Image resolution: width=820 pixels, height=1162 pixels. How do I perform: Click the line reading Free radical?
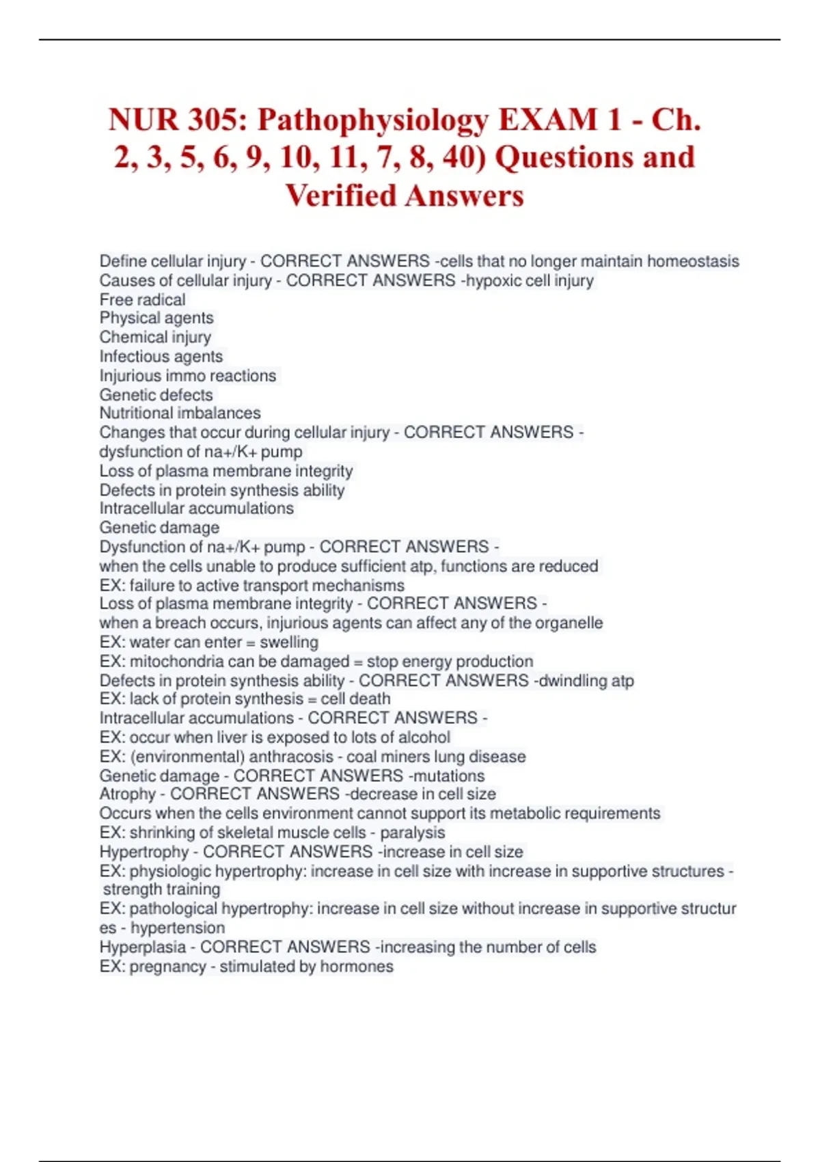(142, 299)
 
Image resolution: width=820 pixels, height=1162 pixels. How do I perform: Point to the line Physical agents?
(156, 318)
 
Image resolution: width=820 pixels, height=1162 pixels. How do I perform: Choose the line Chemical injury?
(155, 337)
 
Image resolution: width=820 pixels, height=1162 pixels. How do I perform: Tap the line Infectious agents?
(161, 356)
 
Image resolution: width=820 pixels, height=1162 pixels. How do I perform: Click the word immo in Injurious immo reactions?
(187, 375)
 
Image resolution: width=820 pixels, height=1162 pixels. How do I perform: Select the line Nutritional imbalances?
(180, 413)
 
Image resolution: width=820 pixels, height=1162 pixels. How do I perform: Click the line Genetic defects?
(156, 394)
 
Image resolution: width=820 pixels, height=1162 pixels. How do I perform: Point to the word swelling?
(289, 643)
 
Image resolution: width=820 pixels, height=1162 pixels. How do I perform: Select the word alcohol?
(425, 738)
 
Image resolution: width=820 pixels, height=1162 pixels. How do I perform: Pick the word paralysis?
(412, 833)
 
